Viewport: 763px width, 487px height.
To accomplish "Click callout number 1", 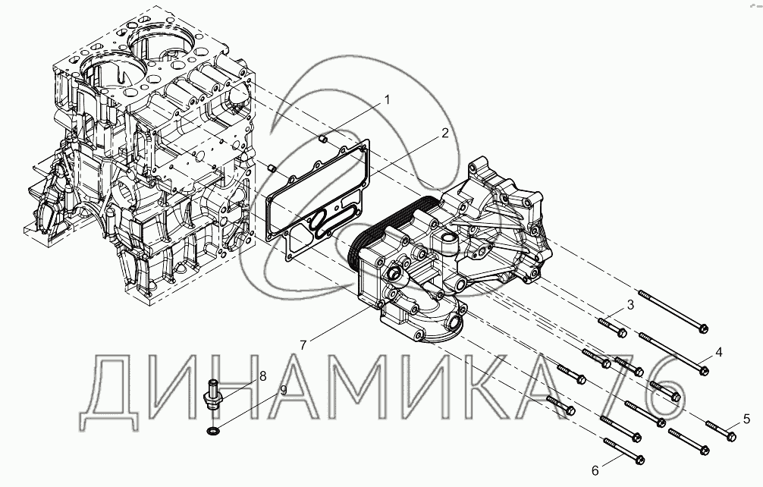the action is (387, 100).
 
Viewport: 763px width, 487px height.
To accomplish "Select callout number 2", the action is (444, 134).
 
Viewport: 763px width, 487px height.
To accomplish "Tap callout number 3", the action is (630, 305).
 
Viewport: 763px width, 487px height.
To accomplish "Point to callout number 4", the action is (719, 352).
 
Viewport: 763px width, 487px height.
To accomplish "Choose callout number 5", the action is (746, 419).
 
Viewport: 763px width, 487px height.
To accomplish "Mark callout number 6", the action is (595, 471).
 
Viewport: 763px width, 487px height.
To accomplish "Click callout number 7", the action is (303, 345).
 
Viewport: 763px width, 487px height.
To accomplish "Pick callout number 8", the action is (262, 375).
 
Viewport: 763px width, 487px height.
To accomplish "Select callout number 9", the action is (283, 389).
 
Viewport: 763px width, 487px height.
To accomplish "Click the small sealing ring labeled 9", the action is (212, 431).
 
